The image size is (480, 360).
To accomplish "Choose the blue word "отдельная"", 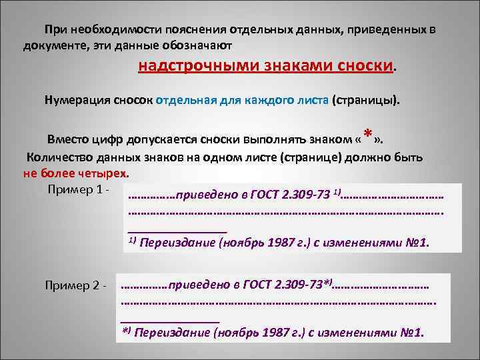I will coord(181,101).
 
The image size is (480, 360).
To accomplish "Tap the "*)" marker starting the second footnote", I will coord(125,332).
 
